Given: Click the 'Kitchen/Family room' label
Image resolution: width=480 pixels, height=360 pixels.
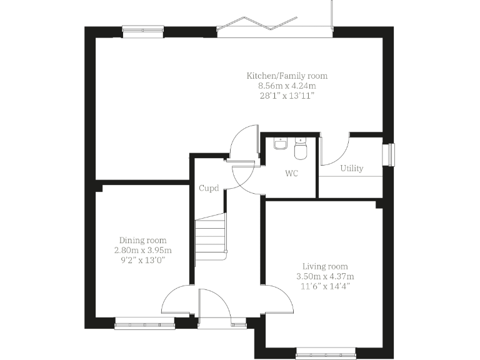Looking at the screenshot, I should (287, 76).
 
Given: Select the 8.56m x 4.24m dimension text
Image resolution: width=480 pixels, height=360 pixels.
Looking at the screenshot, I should (287, 86).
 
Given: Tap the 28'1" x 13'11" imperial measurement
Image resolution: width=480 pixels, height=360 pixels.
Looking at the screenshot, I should (287, 96).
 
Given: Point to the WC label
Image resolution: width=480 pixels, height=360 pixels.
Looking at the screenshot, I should (291, 173).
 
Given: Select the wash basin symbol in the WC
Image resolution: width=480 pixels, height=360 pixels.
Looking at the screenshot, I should (281, 144).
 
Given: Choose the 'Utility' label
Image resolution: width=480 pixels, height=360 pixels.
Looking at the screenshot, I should (351, 168).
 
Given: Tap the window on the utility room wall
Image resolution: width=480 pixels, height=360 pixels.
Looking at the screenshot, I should (391, 155).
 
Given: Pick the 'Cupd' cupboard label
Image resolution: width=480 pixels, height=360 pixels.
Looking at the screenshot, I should (209, 188).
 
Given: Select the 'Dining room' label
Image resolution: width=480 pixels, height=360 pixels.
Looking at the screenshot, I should (143, 240).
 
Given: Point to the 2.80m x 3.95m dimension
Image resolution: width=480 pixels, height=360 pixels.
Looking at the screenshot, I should (143, 249).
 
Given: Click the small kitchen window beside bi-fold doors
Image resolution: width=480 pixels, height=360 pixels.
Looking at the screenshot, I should (142, 29).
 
